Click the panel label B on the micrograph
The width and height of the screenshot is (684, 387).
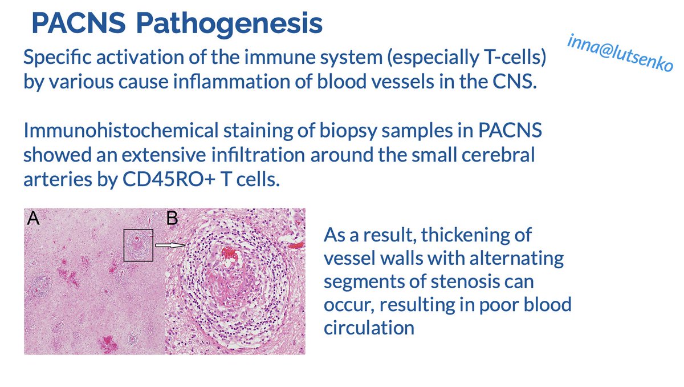pyautogui.click(x=172, y=219)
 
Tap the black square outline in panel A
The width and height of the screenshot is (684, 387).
pyautogui.click(x=138, y=245)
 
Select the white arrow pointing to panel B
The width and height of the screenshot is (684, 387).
pyautogui.click(x=170, y=245)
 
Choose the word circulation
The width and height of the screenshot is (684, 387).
pyautogui.click(x=369, y=328)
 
